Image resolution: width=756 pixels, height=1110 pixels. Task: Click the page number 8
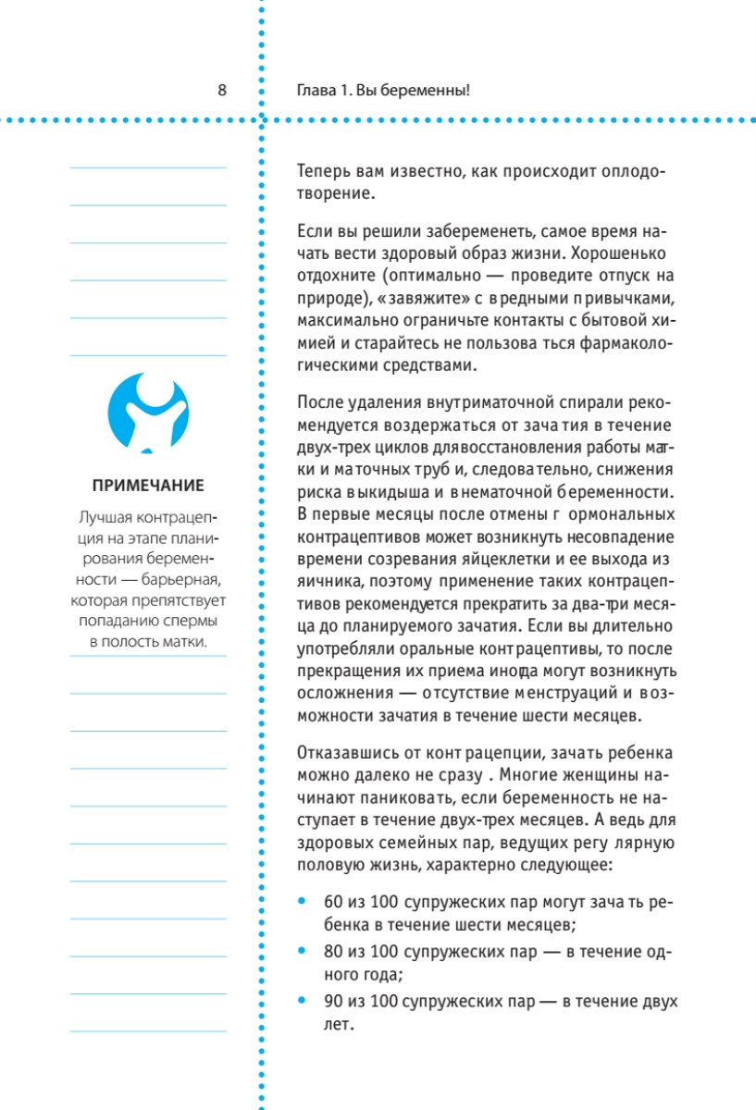221,91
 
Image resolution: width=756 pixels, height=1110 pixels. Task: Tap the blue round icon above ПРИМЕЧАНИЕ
148,412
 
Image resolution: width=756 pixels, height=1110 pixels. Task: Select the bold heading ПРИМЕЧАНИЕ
148,486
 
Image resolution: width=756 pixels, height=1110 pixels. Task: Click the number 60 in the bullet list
333,901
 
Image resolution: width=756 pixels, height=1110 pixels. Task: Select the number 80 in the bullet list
333,951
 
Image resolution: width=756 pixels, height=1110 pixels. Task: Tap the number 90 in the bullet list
333,1001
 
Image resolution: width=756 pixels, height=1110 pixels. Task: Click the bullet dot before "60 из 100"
303,901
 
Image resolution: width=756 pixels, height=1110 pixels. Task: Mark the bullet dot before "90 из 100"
303,1001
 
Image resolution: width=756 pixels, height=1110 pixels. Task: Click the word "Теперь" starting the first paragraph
323,172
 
